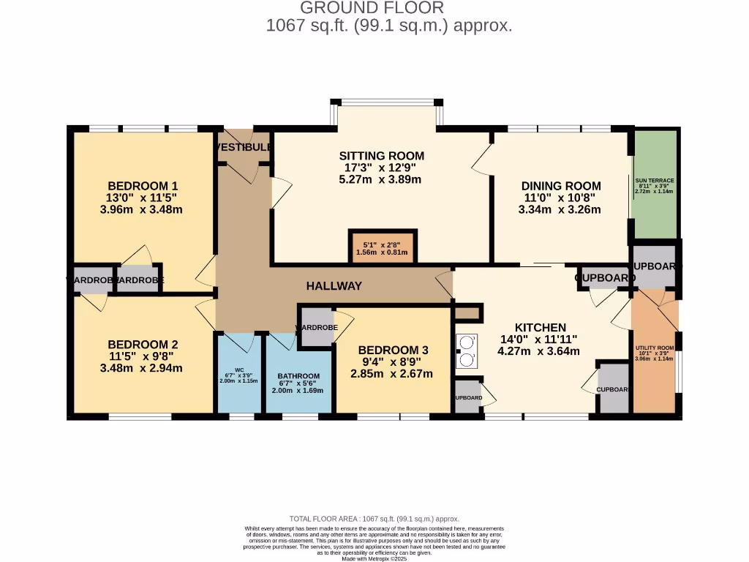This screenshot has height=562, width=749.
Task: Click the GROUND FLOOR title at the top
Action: tap(372, 8)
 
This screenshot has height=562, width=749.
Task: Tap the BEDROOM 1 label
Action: tap(143, 186)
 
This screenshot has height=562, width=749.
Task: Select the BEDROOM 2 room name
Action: tap(143, 345)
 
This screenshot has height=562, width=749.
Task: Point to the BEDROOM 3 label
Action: tap(394, 350)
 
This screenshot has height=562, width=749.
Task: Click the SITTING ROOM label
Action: tap(381, 156)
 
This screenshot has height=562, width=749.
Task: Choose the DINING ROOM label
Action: tap(560, 186)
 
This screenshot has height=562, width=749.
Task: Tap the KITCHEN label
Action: tap(541, 327)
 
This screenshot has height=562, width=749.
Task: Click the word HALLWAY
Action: tap(334, 286)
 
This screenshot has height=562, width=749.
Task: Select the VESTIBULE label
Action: tap(244, 147)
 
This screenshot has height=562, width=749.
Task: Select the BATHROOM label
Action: tap(298, 376)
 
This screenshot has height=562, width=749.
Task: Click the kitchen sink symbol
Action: tap(466, 351)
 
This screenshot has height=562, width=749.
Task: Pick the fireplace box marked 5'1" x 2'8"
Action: tap(381, 247)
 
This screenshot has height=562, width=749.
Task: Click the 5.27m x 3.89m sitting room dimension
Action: tap(381, 179)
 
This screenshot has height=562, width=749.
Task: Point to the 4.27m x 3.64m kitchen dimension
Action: tap(538, 351)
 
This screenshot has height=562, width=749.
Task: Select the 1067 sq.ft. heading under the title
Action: tap(388, 26)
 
